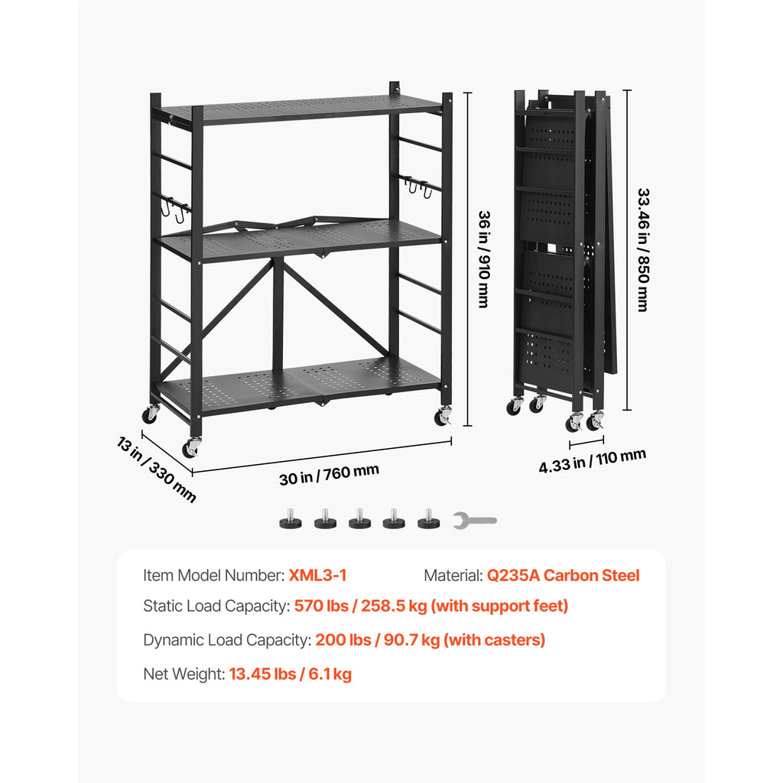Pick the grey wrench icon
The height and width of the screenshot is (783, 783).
point(474,521)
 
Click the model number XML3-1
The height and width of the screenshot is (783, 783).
point(317,576)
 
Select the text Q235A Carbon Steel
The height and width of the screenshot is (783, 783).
point(563,576)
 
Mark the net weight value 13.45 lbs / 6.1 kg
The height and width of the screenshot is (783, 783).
point(290,674)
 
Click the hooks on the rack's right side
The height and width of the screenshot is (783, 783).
point(419,185)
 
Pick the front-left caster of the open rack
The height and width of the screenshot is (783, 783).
point(191,446)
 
